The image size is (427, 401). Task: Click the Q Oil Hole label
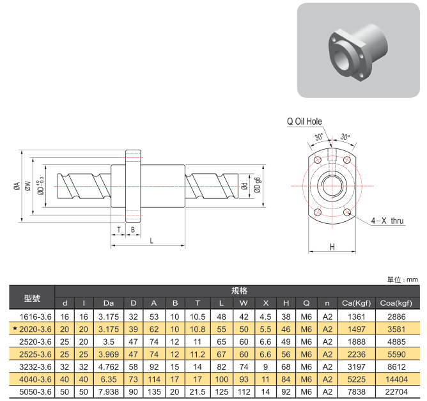click(x=304, y=122)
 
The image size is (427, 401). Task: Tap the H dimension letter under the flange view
click(x=332, y=246)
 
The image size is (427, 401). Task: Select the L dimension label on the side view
click(x=151, y=241)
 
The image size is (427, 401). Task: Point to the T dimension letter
click(x=119, y=229)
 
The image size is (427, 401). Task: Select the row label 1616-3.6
click(x=36, y=317)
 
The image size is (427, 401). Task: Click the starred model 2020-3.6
click(x=36, y=329)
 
